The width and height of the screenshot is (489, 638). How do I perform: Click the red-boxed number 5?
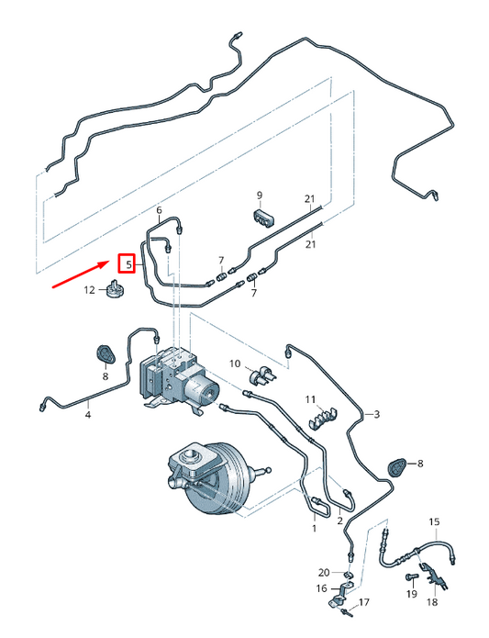coord(128,264)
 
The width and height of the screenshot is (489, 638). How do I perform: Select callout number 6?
coord(159,209)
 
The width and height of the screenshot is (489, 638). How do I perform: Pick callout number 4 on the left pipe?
coord(88,416)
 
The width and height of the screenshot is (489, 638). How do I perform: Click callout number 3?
coord(374,415)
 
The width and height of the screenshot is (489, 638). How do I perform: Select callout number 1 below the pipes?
coord(314,530)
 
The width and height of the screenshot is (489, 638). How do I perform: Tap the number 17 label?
coord(363,603)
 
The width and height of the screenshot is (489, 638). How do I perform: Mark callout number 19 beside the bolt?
coord(410,595)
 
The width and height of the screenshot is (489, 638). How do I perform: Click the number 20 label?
coord(323,572)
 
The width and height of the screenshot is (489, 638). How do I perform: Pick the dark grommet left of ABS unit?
coord(105,353)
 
